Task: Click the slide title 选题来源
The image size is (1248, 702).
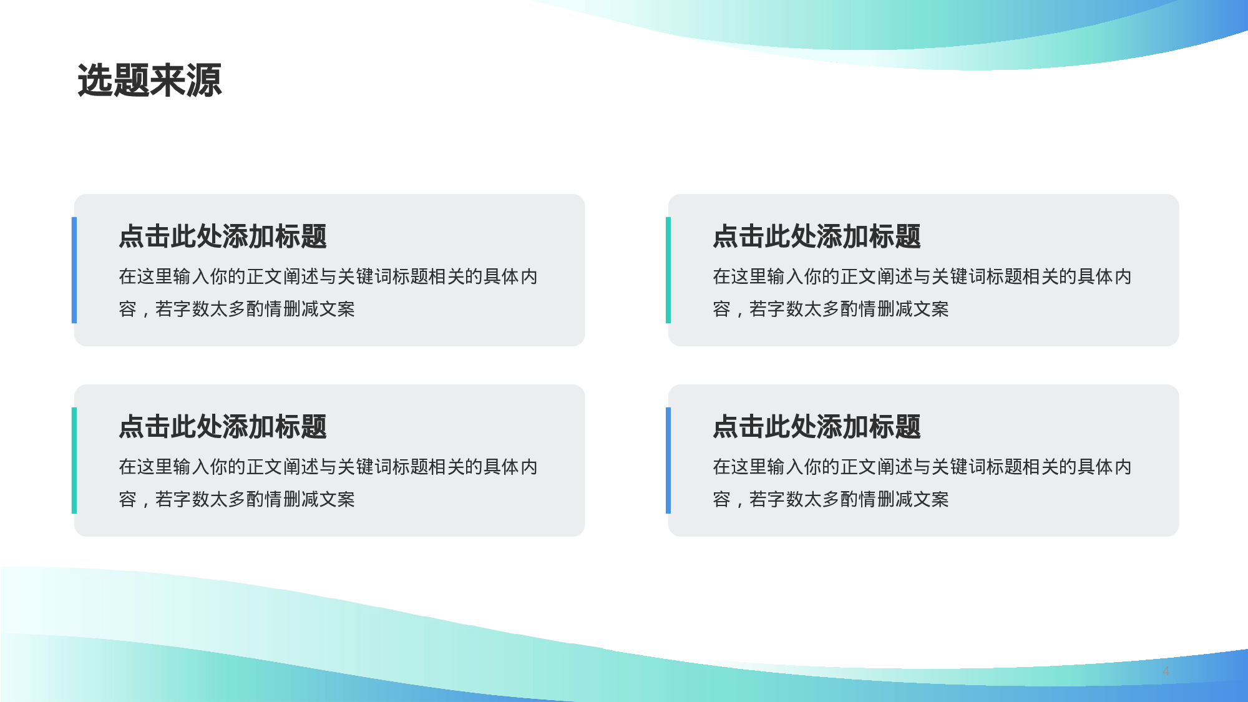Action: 150,80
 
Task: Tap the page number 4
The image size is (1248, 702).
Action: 1166,671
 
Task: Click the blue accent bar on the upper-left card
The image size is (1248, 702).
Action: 74,270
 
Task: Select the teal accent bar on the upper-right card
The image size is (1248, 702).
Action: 668,270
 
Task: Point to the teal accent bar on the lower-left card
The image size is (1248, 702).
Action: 74,461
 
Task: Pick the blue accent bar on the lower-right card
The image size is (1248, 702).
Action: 668,461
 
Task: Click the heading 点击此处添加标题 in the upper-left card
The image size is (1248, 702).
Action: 223,236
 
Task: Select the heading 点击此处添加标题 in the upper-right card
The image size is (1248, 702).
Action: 817,236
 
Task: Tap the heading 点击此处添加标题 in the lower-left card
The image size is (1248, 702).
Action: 223,427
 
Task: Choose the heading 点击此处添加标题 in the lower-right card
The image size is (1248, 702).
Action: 817,427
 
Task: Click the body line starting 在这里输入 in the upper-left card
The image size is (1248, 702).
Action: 328,276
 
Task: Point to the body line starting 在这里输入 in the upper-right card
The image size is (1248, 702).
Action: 922,276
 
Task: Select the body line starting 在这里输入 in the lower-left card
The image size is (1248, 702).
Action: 328,467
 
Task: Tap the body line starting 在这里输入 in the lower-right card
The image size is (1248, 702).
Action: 922,467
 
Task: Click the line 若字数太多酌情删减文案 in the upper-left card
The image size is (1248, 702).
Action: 255,309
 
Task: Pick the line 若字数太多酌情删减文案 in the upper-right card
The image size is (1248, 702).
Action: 849,309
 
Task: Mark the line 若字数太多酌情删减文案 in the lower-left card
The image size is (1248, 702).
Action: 255,499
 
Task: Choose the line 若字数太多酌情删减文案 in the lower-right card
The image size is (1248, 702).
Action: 849,499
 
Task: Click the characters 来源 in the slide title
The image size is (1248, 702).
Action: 186,80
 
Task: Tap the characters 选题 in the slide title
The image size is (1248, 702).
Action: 114,80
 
